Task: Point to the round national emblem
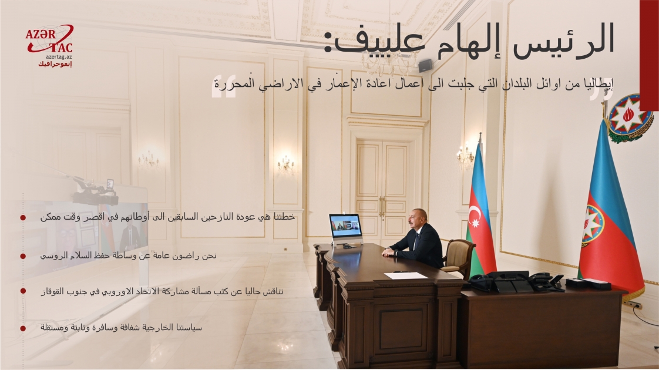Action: pos(629,117)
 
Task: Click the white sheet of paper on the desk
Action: pos(406,275)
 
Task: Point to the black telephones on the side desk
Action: pos(517,282)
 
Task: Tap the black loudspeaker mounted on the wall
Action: pos(425,65)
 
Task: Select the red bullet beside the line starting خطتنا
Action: pos(23,217)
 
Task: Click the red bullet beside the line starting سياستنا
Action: pos(23,328)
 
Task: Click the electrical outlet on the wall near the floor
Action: pos(634,305)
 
